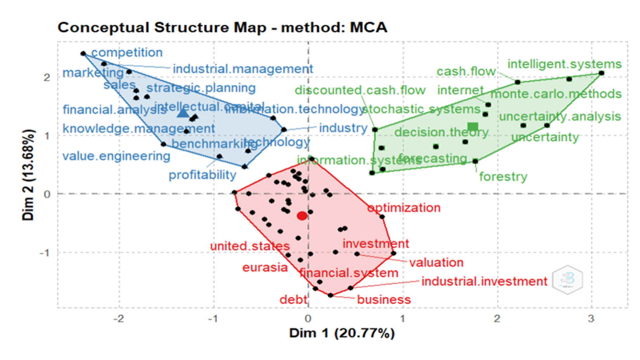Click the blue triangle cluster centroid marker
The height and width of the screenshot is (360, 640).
pyautogui.click(x=183, y=113)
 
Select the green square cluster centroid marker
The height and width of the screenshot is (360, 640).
pyautogui.click(x=472, y=127)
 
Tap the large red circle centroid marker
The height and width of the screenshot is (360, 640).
pyautogui.click(x=302, y=216)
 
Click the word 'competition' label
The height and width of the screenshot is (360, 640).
pyautogui.click(x=127, y=52)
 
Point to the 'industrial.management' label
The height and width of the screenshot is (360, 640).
pyautogui.click(x=243, y=69)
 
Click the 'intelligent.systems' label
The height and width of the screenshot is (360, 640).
pyautogui.click(x=564, y=64)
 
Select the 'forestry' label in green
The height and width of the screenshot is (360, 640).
pyautogui.click(x=503, y=177)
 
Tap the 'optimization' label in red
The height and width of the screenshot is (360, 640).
pyautogui.click(x=404, y=208)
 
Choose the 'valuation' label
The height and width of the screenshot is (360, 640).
pyautogui.click(x=436, y=263)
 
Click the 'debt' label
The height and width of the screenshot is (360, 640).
pyautogui.click(x=293, y=299)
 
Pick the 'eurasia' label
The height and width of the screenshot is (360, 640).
pyautogui.click(x=265, y=268)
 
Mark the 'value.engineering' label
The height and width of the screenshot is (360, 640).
pyautogui.click(x=116, y=156)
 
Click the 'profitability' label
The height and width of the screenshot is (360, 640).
pyautogui.click(x=202, y=175)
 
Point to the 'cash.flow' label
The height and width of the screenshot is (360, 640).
pyautogui.click(x=466, y=72)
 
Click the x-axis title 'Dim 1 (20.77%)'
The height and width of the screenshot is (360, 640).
pyautogui.click(x=342, y=333)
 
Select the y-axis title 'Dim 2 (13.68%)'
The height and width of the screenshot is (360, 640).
pyautogui.click(x=28, y=175)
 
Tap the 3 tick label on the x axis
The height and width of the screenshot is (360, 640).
pyautogui.click(x=591, y=319)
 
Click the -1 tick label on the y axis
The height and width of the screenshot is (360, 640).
pyautogui.click(x=45, y=253)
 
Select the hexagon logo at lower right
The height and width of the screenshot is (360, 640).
pyautogui.click(x=567, y=279)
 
